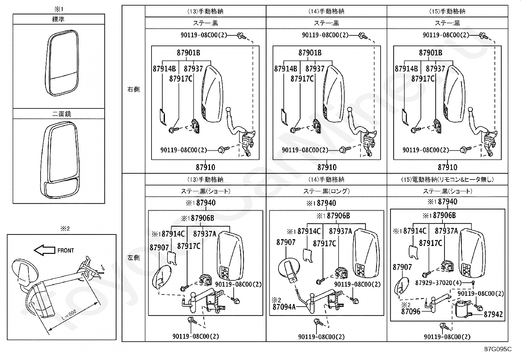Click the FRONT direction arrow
tap(44, 250)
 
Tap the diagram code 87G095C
tap(498, 349)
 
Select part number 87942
tap(493, 314)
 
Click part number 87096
tap(411, 312)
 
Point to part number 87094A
tap(284, 307)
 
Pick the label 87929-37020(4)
tap(439, 283)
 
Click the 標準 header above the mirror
tap(58, 19)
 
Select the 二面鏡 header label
tap(62, 114)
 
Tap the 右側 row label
tap(134, 89)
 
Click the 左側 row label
tap(134, 257)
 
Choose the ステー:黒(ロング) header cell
tap(327, 191)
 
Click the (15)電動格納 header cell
tap(447, 179)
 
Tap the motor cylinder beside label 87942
tap(463, 309)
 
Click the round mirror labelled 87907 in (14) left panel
tap(289, 271)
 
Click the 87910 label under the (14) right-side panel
tap(327, 167)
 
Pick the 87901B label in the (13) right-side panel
tap(189, 53)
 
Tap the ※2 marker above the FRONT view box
tap(65, 228)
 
